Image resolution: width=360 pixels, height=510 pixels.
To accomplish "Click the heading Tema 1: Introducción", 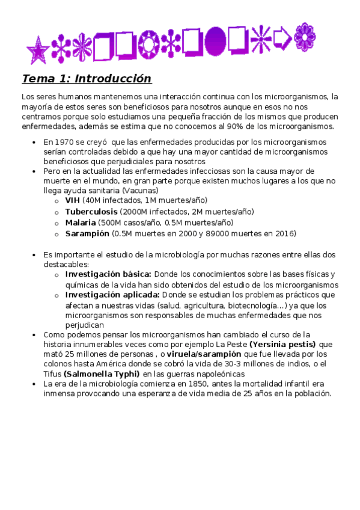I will (87, 79).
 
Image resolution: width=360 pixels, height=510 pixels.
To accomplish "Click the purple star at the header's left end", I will (38, 51).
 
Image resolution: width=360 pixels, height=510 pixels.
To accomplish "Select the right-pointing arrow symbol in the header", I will (282, 40).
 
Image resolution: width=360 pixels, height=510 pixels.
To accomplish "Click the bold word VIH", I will (72, 200).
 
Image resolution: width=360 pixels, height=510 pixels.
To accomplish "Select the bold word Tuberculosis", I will (91, 212).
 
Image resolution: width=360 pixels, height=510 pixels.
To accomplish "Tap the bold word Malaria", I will (80, 223).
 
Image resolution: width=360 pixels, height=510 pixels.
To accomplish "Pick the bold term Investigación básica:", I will (108, 274).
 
